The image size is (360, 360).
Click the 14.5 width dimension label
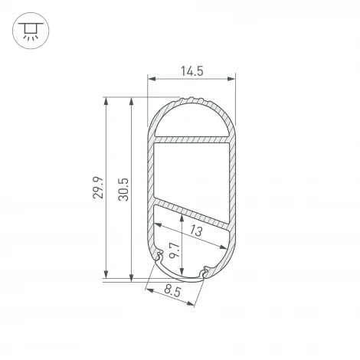191,70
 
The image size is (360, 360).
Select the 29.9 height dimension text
97,188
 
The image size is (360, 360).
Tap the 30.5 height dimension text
124,188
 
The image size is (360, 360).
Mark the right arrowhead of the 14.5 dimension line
233,78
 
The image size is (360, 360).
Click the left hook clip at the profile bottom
161,258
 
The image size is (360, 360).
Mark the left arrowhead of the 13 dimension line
157,226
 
